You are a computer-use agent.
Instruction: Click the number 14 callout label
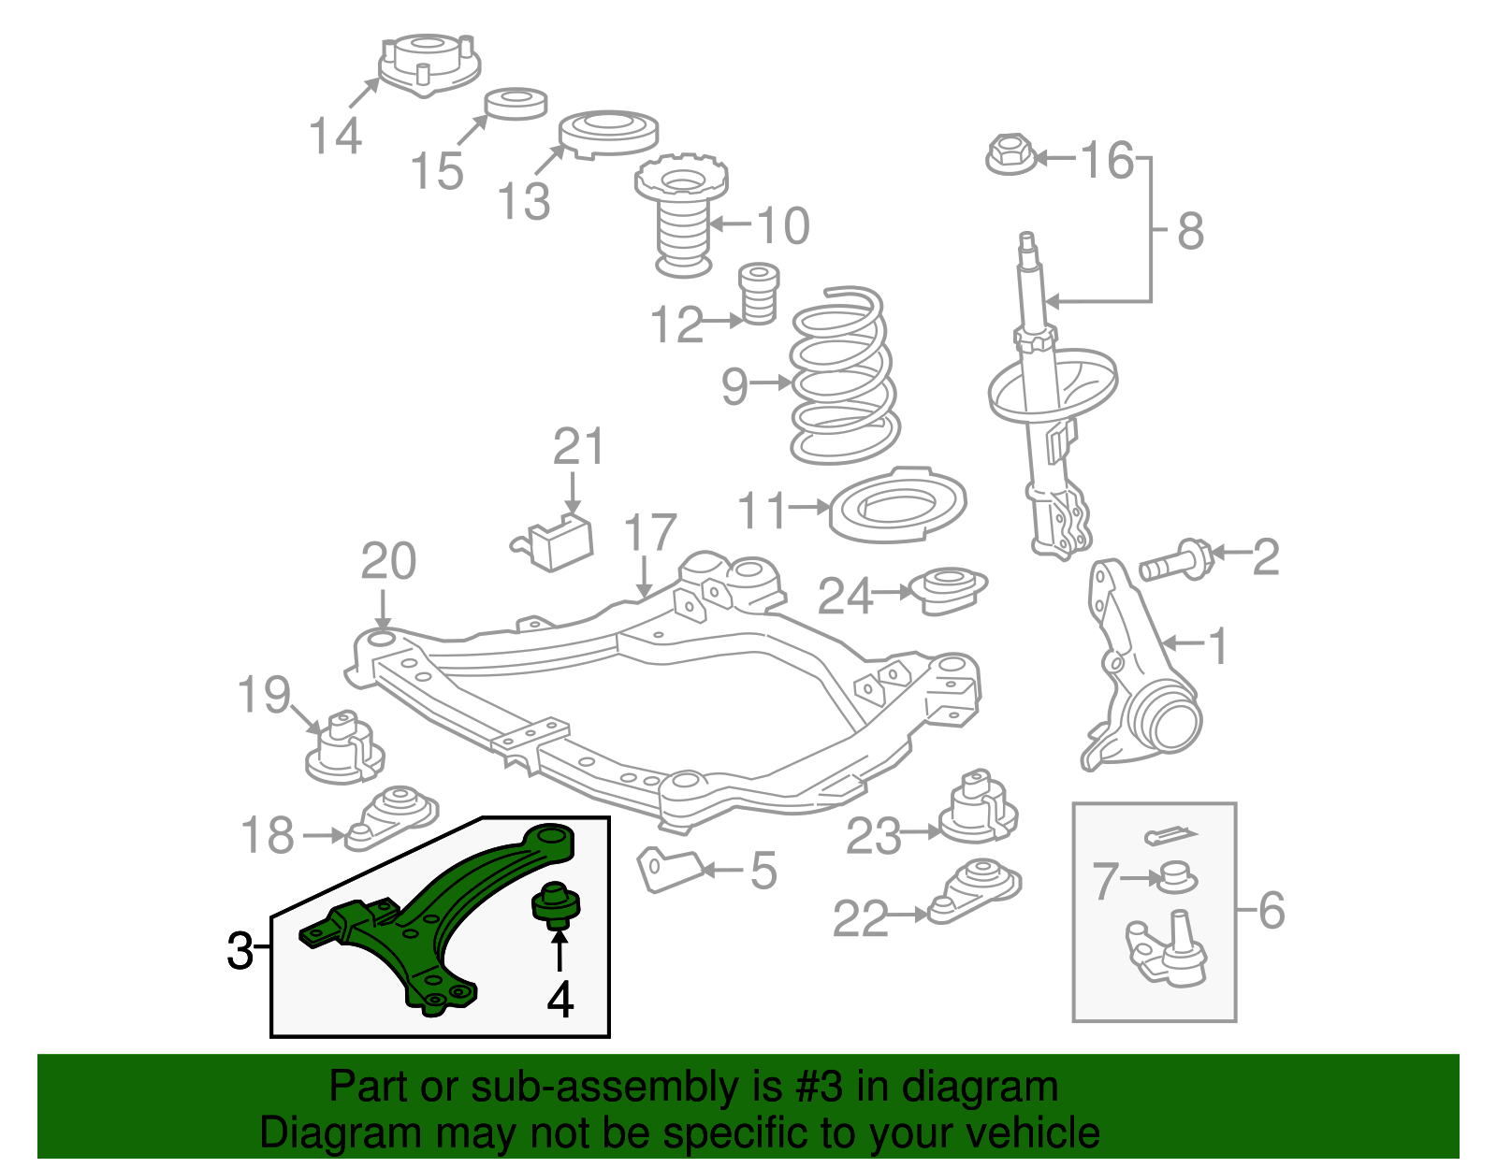pos(336,137)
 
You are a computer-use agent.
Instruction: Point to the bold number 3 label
pos(240,951)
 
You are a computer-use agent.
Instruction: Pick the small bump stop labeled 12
pos(759,294)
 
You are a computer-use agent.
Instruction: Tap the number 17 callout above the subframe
pos(649,533)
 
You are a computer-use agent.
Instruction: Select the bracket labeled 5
pos(670,870)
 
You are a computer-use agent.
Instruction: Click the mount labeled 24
pos(950,590)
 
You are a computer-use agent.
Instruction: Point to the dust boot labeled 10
pos(682,221)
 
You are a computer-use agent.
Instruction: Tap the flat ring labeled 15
pos(516,103)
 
